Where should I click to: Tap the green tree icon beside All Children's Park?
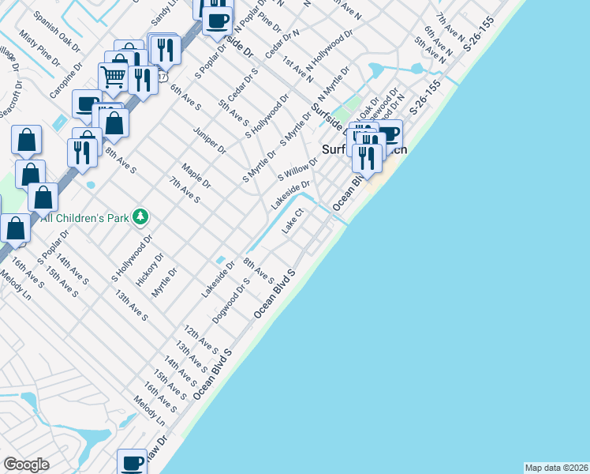click(x=140, y=216)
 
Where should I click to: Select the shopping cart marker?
click(x=114, y=77)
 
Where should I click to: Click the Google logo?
click(x=26, y=465)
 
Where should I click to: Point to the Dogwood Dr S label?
click(x=231, y=299)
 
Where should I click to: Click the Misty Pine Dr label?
click(x=39, y=49)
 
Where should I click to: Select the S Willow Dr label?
click(x=297, y=169)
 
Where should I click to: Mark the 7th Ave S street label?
click(x=184, y=190)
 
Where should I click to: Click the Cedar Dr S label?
click(x=243, y=85)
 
